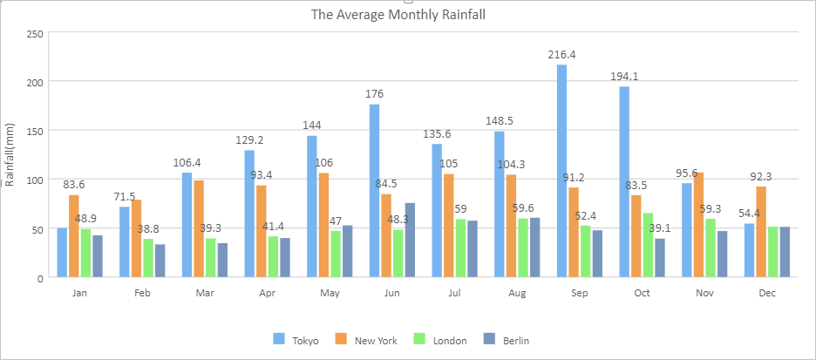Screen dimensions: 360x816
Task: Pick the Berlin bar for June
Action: coord(410,240)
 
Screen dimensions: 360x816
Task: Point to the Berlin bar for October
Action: coord(660,258)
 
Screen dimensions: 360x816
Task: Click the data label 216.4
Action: coord(561,55)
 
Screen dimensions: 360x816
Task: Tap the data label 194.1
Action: coord(624,77)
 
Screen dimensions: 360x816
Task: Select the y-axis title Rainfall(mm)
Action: coord(10,155)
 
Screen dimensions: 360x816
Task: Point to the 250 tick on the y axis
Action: coord(35,33)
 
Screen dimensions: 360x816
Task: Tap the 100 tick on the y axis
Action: coord(35,180)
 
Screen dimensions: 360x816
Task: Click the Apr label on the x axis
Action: coord(268,294)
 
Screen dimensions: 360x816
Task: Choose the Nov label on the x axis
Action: coord(704,294)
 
